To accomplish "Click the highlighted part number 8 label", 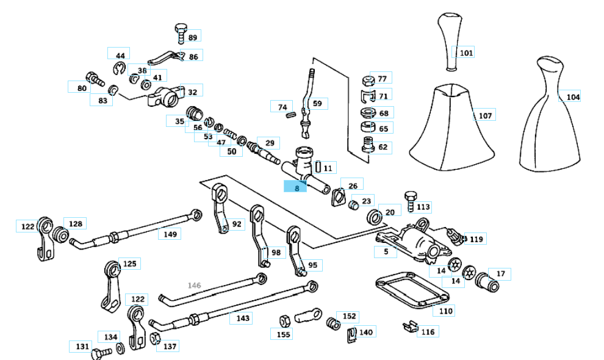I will pos(297,187).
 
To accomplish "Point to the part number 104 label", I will pos(573,96).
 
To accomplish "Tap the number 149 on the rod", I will pos(171,234).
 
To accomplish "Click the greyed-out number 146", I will pos(194,285).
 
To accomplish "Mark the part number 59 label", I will pos(317,103).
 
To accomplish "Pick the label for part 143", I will pos(243,318).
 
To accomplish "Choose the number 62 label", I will pos(383,147).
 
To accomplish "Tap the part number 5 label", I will pos(386,251).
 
